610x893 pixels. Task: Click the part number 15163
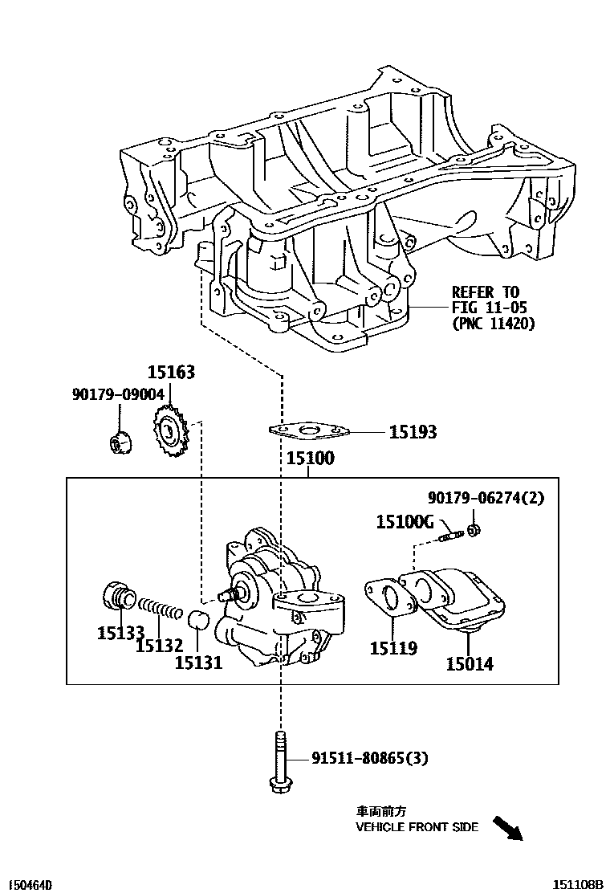pyautogui.click(x=170, y=373)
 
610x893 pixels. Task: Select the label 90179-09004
pyautogui.click(x=118, y=393)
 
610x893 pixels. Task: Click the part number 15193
pyautogui.click(x=413, y=433)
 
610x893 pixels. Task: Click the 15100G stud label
pyautogui.click(x=405, y=523)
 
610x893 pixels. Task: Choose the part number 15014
pyautogui.click(x=470, y=663)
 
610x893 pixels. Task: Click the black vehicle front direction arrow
pyautogui.click(x=507, y=829)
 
